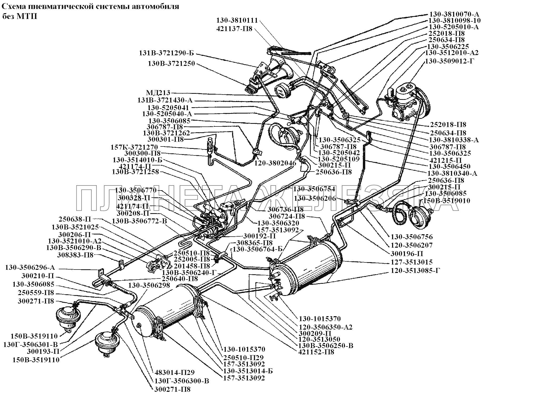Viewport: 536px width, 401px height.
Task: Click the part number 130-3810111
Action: pyautogui.click(x=237, y=20)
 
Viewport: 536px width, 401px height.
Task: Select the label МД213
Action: pyautogui.click(x=158, y=93)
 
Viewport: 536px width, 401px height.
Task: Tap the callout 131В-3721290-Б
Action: pyautogui.click(x=167, y=53)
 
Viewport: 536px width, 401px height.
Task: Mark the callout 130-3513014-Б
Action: pyautogui.click(x=248, y=371)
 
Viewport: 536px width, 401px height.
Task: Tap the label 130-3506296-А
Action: pyautogui.click(x=30, y=268)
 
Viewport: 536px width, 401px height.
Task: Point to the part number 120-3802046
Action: pyautogui.click(x=275, y=163)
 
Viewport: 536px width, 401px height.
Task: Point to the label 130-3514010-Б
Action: pyautogui.click(x=138, y=160)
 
